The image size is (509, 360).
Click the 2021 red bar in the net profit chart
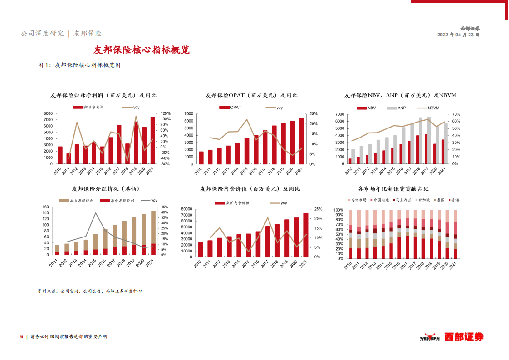pyautogui.click(x=153, y=140)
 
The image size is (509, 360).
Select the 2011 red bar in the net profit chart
pyautogui.click(x=69, y=158)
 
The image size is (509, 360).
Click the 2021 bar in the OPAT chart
pyautogui.click(x=302, y=141)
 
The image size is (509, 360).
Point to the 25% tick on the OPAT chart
pyautogui.click(x=313, y=114)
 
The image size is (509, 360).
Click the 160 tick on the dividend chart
pyautogui.click(x=45, y=207)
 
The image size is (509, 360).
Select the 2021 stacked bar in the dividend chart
pyautogui.click(x=153, y=232)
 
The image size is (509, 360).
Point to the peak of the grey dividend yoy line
pyautogui.click(x=95, y=213)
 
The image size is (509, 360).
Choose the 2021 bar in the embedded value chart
pyautogui.click(x=306, y=235)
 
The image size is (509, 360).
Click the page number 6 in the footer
pyautogui.click(x=21, y=336)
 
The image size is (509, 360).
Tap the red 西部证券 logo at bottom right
pyautogui.click(x=463, y=337)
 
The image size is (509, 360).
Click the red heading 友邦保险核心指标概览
pyautogui.click(x=141, y=50)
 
